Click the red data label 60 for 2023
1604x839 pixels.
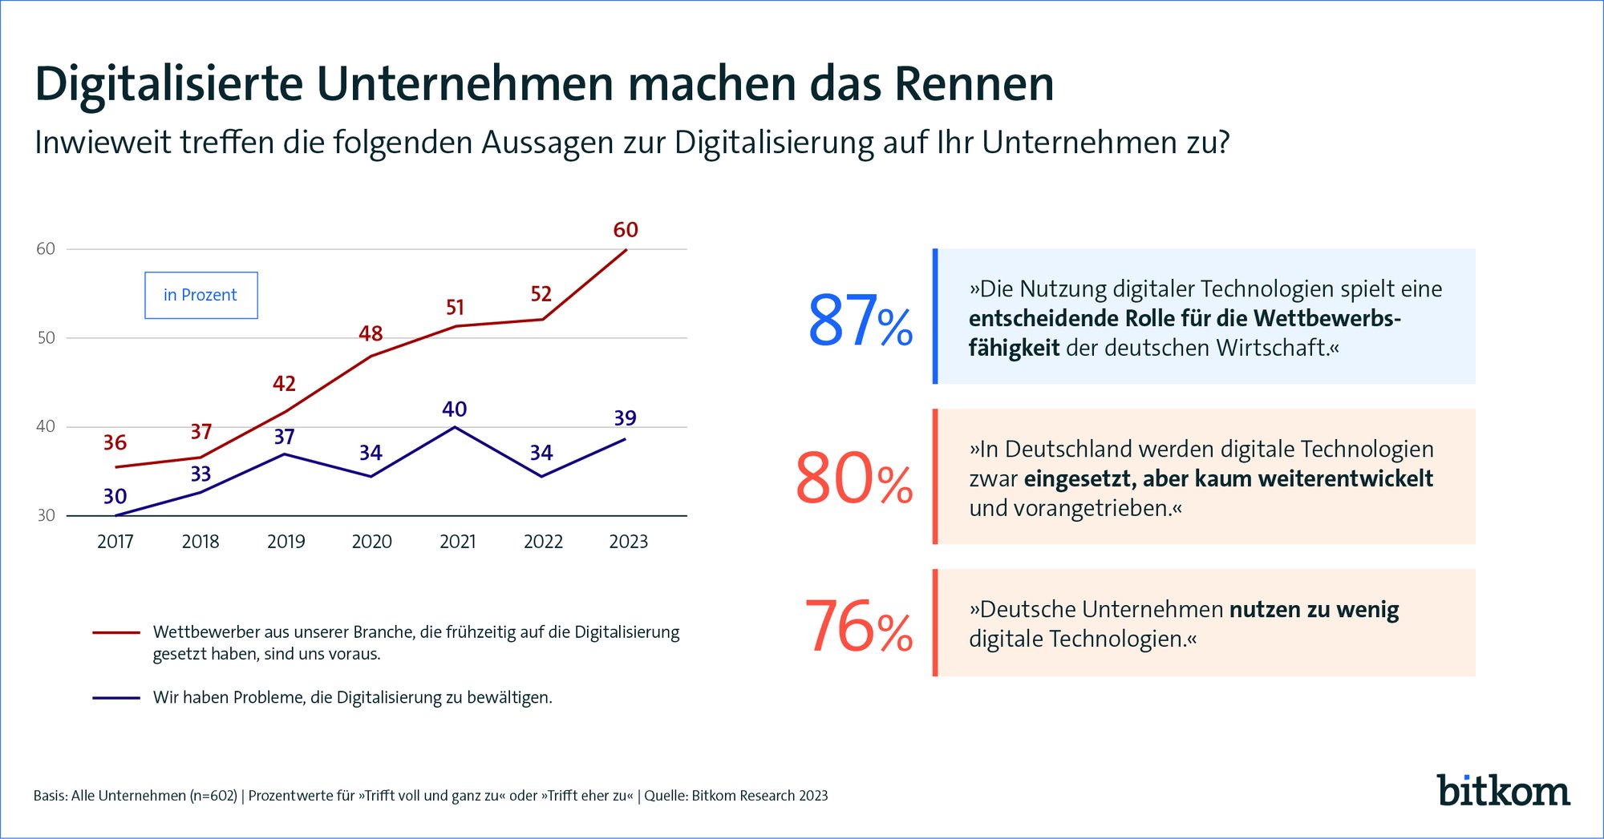626,230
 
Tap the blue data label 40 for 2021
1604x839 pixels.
454,409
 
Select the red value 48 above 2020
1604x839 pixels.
371,333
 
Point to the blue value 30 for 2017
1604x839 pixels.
115,497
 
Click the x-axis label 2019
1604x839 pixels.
286,542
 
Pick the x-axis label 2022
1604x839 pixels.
543,542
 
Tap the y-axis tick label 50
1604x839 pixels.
46,338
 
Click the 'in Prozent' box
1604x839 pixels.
200,295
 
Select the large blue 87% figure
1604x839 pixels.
859,321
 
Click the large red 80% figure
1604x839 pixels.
853,479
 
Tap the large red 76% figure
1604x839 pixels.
858,627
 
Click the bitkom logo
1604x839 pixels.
1502,791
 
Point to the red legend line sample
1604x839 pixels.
116,632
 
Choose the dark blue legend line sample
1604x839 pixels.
116,698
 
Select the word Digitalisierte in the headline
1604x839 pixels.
169,84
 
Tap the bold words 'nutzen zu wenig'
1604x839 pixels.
1314,610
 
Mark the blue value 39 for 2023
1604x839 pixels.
625,418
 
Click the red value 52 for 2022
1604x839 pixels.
541,294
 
